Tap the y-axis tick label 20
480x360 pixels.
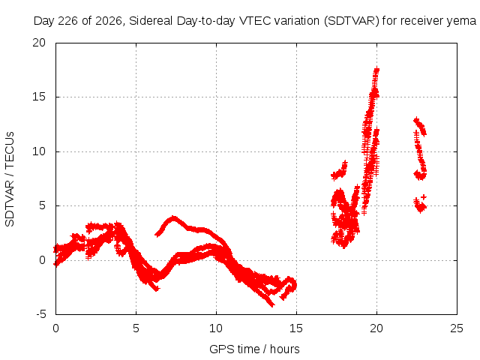pyautogui.click(x=39, y=43)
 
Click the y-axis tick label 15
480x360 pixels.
pyautogui.click(x=39, y=97)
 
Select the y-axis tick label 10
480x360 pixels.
pyautogui.click(x=39, y=151)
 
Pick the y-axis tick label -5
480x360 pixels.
pyautogui.click(x=40, y=314)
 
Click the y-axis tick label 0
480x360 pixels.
pyautogui.click(x=42, y=260)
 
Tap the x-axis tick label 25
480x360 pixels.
pyautogui.click(x=457, y=328)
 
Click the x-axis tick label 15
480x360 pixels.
pyautogui.click(x=296, y=328)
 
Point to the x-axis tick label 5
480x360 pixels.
pyautogui.click(x=136, y=328)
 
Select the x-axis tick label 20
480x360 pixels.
pyautogui.click(x=376, y=328)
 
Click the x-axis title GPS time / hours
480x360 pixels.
pyautogui.click(x=254, y=349)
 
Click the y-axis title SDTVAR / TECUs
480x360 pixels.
pyautogui.click(x=10, y=179)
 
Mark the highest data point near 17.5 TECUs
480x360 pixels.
pyautogui.click(x=376, y=70)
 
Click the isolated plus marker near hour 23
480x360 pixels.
pyautogui.click(x=424, y=196)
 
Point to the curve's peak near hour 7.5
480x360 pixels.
pyautogui.click(x=174, y=218)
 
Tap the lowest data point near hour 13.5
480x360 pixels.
pyautogui.click(x=271, y=304)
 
